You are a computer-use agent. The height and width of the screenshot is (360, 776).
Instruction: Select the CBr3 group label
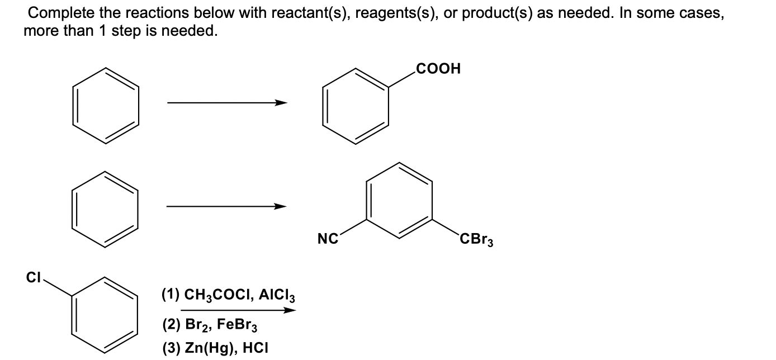[x=476, y=241]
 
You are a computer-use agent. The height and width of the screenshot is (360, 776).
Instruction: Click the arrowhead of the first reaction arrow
[x=281, y=103]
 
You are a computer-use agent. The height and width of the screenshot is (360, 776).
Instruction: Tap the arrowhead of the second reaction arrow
[x=280, y=206]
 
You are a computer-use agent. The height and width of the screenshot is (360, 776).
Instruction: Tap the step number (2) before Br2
[x=170, y=325]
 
